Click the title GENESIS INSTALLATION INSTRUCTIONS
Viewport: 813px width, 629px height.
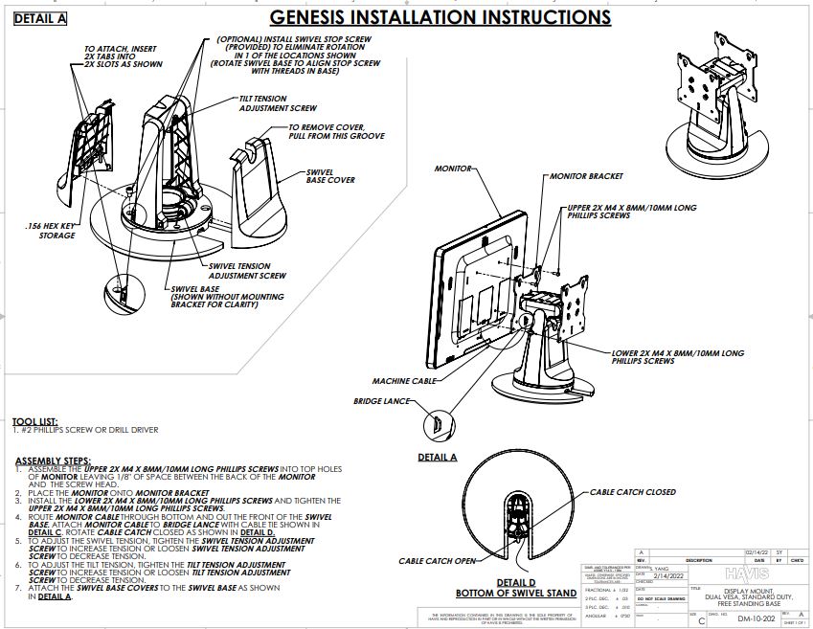coord(440,17)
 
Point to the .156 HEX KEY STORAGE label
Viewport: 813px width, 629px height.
coord(49,230)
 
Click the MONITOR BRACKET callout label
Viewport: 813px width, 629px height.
coord(585,176)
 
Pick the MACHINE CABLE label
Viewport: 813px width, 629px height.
coord(404,380)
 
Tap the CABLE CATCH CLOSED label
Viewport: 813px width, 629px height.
coord(632,492)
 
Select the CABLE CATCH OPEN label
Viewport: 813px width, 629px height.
coord(437,561)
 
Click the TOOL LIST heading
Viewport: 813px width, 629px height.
coord(34,421)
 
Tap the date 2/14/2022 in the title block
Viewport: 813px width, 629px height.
coord(669,574)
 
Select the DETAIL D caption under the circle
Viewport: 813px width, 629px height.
coord(522,581)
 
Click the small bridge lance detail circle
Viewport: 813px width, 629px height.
coord(436,421)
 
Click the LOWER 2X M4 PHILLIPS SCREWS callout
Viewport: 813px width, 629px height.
coord(677,357)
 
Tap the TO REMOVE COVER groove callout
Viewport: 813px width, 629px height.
coord(336,131)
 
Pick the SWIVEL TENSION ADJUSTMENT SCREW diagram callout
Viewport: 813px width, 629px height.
coord(247,270)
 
